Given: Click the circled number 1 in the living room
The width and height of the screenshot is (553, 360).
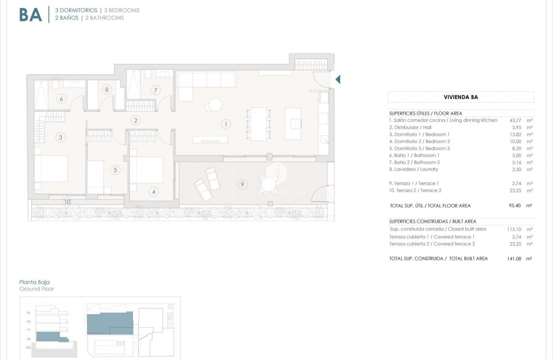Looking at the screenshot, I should pyautogui.click(x=225, y=124).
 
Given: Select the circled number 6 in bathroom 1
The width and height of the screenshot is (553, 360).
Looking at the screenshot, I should pyautogui.click(x=61, y=99).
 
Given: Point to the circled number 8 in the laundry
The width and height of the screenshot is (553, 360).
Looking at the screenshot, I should pyautogui.click(x=107, y=89).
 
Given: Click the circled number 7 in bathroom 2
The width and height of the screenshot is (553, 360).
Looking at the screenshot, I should pyautogui.click(x=155, y=90).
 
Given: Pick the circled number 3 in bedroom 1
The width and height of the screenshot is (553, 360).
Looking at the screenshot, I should pyautogui.click(x=61, y=137).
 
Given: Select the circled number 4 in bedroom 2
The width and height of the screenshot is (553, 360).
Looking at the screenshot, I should pyautogui.click(x=154, y=192).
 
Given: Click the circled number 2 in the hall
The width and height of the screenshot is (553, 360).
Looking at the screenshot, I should pyautogui.click(x=135, y=120).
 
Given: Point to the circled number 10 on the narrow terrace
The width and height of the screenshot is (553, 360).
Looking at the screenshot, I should pyautogui.click(x=67, y=202).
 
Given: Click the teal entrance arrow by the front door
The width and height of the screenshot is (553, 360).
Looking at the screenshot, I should pyautogui.click(x=338, y=79).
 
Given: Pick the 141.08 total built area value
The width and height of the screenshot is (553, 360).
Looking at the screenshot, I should pyautogui.click(x=514, y=259).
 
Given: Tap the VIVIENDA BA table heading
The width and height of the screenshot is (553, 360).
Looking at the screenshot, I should pyautogui.click(x=461, y=97).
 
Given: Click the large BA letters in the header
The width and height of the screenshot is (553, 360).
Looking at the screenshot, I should pyautogui.click(x=31, y=15).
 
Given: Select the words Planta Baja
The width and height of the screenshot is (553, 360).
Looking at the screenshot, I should pyautogui.click(x=34, y=282).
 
